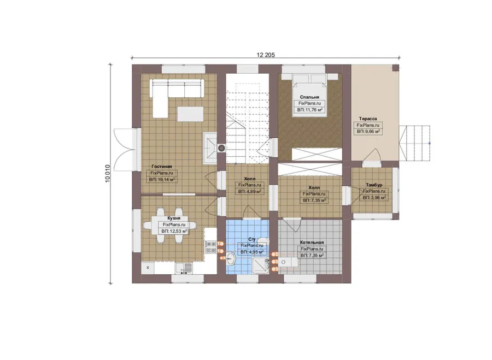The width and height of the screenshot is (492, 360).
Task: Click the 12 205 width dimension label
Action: (266, 55)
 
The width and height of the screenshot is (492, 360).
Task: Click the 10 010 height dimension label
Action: (108, 173)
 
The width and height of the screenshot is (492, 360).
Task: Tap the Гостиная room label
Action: (162, 167)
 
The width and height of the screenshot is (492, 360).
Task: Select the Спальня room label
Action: (309, 97)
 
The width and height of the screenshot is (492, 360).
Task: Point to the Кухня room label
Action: (173, 219)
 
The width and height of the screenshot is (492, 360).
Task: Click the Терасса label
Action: (368, 119)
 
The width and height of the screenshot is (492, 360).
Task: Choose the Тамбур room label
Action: (374, 185)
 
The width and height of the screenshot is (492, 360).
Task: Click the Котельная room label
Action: (312, 243)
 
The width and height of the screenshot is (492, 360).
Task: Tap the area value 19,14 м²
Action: (162, 180)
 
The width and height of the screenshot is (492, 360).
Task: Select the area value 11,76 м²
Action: (310, 110)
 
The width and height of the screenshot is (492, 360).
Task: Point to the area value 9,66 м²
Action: (368, 132)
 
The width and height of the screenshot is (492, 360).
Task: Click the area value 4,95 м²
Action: (251, 252)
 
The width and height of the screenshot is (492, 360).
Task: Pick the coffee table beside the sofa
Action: (190, 114)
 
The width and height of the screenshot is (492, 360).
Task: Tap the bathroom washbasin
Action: (231, 259)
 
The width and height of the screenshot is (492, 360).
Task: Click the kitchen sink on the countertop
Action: (184, 268)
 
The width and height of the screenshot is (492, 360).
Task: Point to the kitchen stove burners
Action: (210, 247)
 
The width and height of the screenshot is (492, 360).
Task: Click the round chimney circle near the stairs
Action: (221, 147)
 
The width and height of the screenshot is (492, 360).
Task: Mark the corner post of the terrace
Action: (395, 68)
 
